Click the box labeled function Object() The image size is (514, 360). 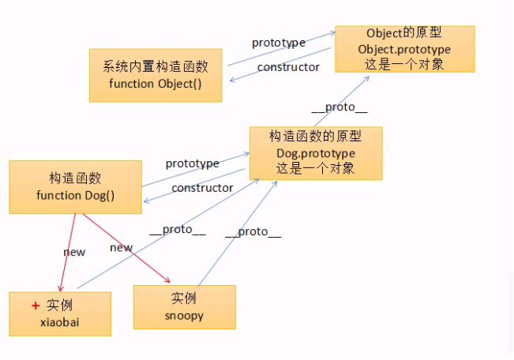pyautogui.click(x=156, y=74)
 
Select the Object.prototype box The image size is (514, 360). pyautogui.click(x=404, y=49)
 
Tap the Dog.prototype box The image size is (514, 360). pyautogui.click(x=316, y=152)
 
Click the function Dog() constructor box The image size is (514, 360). pyautogui.click(x=75, y=186)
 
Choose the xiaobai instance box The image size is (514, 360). pyautogui.click(x=60, y=313)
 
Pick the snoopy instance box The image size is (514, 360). pyautogui.click(x=185, y=306)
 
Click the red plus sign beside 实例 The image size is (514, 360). pyautogui.click(x=35, y=306)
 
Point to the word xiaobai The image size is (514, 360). pyautogui.click(x=60, y=322)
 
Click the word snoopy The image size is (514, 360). pyautogui.click(x=184, y=315)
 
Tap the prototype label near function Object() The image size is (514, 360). pyautogui.click(x=278, y=43)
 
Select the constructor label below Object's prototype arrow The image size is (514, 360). pyautogui.click(x=288, y=67)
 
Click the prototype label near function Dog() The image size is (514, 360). pyautogui.click(x=192, y=163)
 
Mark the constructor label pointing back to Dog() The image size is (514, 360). pyautogui.click(x=202, y=188)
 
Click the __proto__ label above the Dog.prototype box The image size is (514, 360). pyautogui.click(x=340, y=108)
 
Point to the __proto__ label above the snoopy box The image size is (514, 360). pyautogui.click(x=253, y=232)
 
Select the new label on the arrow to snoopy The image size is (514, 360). pyautogui.click(x=121, y=248)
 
